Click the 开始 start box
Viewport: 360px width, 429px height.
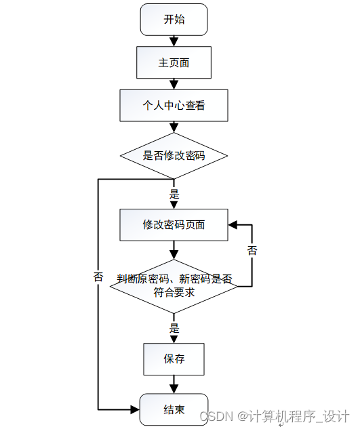pyautogui.click(x=174, y=20)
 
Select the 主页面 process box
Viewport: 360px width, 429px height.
pyautogui.click(x=174, y=62)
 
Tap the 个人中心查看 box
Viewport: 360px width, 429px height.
pyautogui.click(x=174, y=105)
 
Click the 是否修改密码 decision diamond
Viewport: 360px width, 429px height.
pyautogui.click(x=174, y=156)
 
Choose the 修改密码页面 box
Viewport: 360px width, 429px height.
pyautogui.click(x=174, y=225)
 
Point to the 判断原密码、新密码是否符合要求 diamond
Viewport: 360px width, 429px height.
pyautogui.click(x=174, y=286)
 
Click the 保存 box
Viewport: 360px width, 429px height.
pyautogui.click(x=174, y=359)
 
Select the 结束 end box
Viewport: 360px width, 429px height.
pyautogui.click(x=174, y=409)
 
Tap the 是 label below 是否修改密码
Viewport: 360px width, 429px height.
pyautogui.click(x=174, y=194)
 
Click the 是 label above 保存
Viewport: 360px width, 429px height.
pyautogui.click(x=174, y=328)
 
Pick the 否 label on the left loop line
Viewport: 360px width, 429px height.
pyautogui.click(x=98, y=277)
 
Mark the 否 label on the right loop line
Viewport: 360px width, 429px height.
pyautogui.click(x=252, y=250)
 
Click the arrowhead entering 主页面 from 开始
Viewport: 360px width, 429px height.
pyautogui.click(x=174, y=42)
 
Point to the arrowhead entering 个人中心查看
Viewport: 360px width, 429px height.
pyautogui.click(x=174, y=85)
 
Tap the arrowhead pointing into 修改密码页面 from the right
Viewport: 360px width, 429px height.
pyautogui.click(x=233, y=225)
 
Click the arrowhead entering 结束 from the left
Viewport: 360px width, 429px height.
pyautogui.click(x=135, y=409)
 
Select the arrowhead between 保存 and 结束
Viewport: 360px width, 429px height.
pyautogui.click(x=174, y=389)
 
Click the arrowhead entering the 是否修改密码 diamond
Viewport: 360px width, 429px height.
pyautogui.click(x=174, y=128)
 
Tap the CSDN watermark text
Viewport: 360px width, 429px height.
pyautogui.click(x=275, y=416)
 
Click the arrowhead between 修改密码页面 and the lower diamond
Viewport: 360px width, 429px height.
pyautogui.click(x=174, y=255)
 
